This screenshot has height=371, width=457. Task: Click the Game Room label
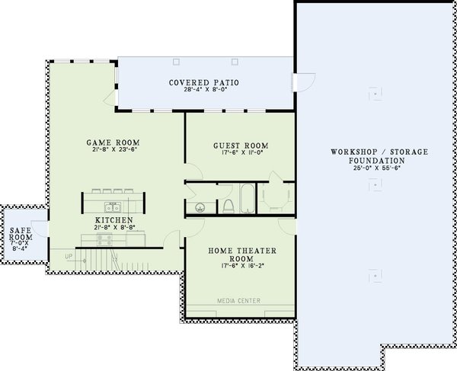tap(113, 142)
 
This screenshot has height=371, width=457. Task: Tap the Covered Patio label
tap(195, 81)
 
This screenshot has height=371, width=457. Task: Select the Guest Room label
tap(241, 146)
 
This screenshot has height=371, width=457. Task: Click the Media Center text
tap(239, 301)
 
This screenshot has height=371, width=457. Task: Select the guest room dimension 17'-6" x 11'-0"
tap(241, 154)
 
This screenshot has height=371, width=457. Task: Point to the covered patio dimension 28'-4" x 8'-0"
tap(195, 89)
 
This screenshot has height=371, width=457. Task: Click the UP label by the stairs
tap(69, 256)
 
